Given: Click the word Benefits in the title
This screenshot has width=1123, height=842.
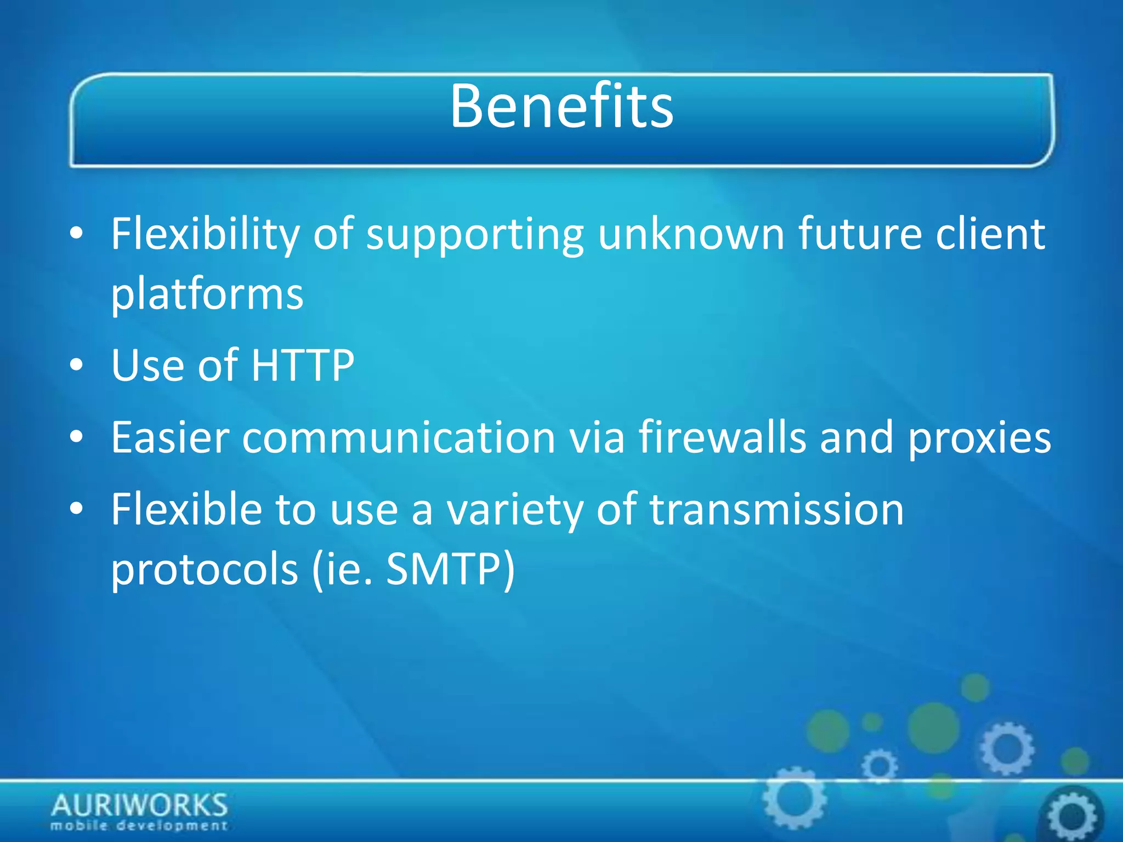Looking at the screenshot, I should (x=561, y=106).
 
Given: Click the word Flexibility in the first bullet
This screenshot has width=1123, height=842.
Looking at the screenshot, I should (x=205, y=235).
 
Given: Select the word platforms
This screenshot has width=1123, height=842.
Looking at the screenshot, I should (x=207, y=295).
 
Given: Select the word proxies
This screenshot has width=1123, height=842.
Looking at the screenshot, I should (x=979, y=439).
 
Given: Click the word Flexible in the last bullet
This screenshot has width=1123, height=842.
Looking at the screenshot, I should (x=186, y=509).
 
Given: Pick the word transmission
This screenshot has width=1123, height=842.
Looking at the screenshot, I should (x=776, y=509).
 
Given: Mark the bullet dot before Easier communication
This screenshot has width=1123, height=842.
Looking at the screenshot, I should (x=77, y=437).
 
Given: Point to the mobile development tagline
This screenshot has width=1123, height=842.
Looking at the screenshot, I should (x=139, y=826).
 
